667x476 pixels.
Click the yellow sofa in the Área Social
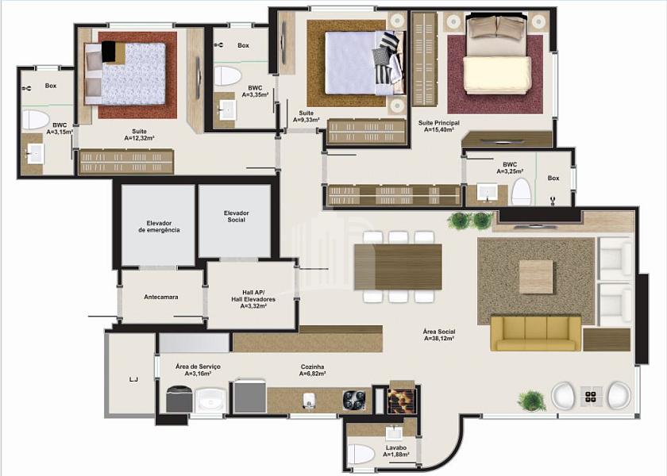535,332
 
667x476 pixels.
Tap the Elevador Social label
237,217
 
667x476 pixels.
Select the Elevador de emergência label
159,227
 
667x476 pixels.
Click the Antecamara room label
160,297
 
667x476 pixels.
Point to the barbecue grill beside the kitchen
401,400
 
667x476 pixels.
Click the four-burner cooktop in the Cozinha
354,401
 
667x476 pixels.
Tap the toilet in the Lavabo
361,455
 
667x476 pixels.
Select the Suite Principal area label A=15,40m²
438,129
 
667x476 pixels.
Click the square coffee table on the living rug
536,277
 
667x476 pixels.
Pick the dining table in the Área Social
398,267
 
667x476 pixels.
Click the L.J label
133,379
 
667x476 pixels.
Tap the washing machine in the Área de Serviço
179,399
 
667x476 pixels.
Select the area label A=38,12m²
439,338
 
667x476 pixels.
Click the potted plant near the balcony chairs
532,401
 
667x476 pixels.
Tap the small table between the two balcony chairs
591,397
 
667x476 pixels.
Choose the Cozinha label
312,367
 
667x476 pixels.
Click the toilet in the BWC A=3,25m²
522,192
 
